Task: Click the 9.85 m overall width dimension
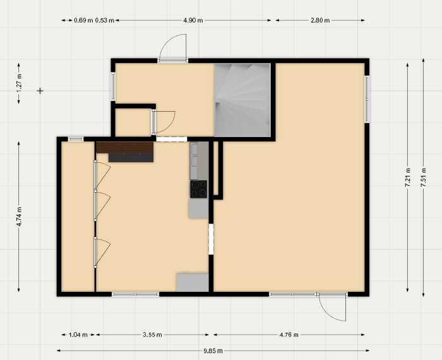[x=213, y=351]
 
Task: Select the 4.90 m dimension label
[x=193, y=20]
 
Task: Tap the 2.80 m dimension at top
[x=320, y=20]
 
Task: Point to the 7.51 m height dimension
[x=424, y=177]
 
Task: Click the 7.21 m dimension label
[x=408, y=177]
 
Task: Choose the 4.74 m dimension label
[x=19, y=217]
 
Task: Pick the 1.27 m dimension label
[x=19, y=83]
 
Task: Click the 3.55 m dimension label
[x=152, y=335]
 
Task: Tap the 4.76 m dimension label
[x=289, y=335]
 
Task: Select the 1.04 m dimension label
[x=78, y=335]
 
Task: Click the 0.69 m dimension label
[x=83, y=20]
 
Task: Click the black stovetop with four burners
[x=198, y=189]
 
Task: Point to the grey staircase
[x=242, y=100]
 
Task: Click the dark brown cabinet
[x=124, y=148]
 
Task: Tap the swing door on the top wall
[x=172, y=48]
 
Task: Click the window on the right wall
[x=367, y=99]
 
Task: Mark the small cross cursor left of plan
[x=40, y=91]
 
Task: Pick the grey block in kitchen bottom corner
[x=193, y=282]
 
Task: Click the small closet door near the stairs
[x=164, y=122]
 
